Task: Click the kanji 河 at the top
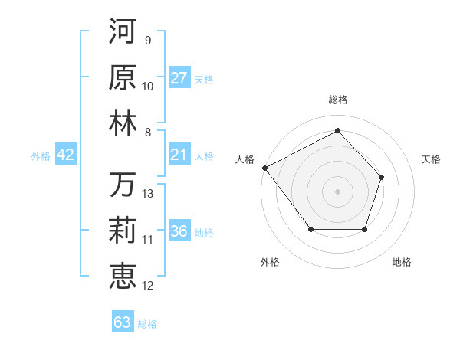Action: coord(123,33)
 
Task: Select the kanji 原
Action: coord(123,77)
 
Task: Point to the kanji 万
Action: coord(123,185)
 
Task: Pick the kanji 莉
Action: coord(123,231)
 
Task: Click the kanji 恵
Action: coord(123,276)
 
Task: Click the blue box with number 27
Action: coord(179,78)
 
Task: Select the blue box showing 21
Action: coord(179,155)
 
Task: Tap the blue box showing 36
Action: coord(179,232)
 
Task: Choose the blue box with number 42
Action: coord(65,155)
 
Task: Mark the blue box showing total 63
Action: coord(123,322)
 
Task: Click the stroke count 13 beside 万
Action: coord(148,194)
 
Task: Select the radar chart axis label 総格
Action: coord(337,100)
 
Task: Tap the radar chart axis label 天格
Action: coord(432,159)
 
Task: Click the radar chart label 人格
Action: coord(245,159)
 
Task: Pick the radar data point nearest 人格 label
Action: coord(264,167)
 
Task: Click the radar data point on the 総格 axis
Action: coord(337,130)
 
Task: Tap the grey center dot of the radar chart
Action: coord(337,191)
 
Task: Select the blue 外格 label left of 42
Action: coord(41,156)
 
